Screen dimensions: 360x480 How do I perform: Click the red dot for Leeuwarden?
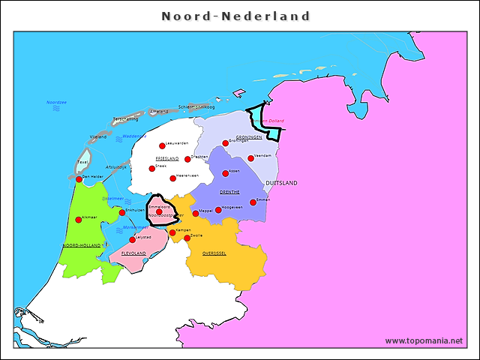click(161, 146)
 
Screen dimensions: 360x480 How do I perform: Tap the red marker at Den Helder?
click(79, 179)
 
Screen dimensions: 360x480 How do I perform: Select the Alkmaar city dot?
click(78, 220)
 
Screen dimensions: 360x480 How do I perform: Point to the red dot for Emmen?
click(253, 202)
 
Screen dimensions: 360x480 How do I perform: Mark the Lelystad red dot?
click(133, 240)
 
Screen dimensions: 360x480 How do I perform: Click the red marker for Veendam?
click(250, 158)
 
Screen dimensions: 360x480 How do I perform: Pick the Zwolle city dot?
click(187, 238)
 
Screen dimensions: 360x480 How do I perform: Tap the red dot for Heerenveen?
click(172, 178)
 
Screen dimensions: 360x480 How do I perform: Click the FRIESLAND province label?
click(166, 159)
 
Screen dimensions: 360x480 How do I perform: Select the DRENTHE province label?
click(229, 192)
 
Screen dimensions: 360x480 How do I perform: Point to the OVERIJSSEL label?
click(214, 253)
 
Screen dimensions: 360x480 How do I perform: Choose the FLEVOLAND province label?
click(133, 253)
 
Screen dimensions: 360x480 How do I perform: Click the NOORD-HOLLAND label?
click(82, 245)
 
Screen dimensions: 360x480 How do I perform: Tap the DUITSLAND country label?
click(281, 183)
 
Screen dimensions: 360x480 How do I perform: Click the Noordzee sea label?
click(56, 102)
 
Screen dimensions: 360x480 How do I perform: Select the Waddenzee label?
click(134, 136)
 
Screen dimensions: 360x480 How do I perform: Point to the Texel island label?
click(82, 162)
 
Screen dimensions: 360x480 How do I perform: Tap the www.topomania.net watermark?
click(424, 340)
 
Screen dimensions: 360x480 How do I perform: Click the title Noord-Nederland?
click(235, 16)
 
